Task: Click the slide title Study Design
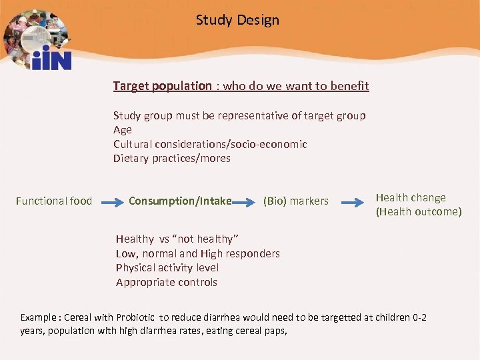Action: coord(237,20)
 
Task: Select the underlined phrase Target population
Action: coord(162,86)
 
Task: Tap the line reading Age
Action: coord(123,130)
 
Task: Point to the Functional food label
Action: coord(54,201)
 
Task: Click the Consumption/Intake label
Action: coord(180,201)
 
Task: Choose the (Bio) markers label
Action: coord(296,201)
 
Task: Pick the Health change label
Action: coord(411,197)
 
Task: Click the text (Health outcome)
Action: coord(418,212)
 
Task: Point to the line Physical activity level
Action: coord(167,268)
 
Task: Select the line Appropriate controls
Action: coord(167,282)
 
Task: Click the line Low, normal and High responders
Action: coord(198,253)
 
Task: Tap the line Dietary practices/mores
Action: coord(172,159)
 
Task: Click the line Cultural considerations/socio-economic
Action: coord(210,144)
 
